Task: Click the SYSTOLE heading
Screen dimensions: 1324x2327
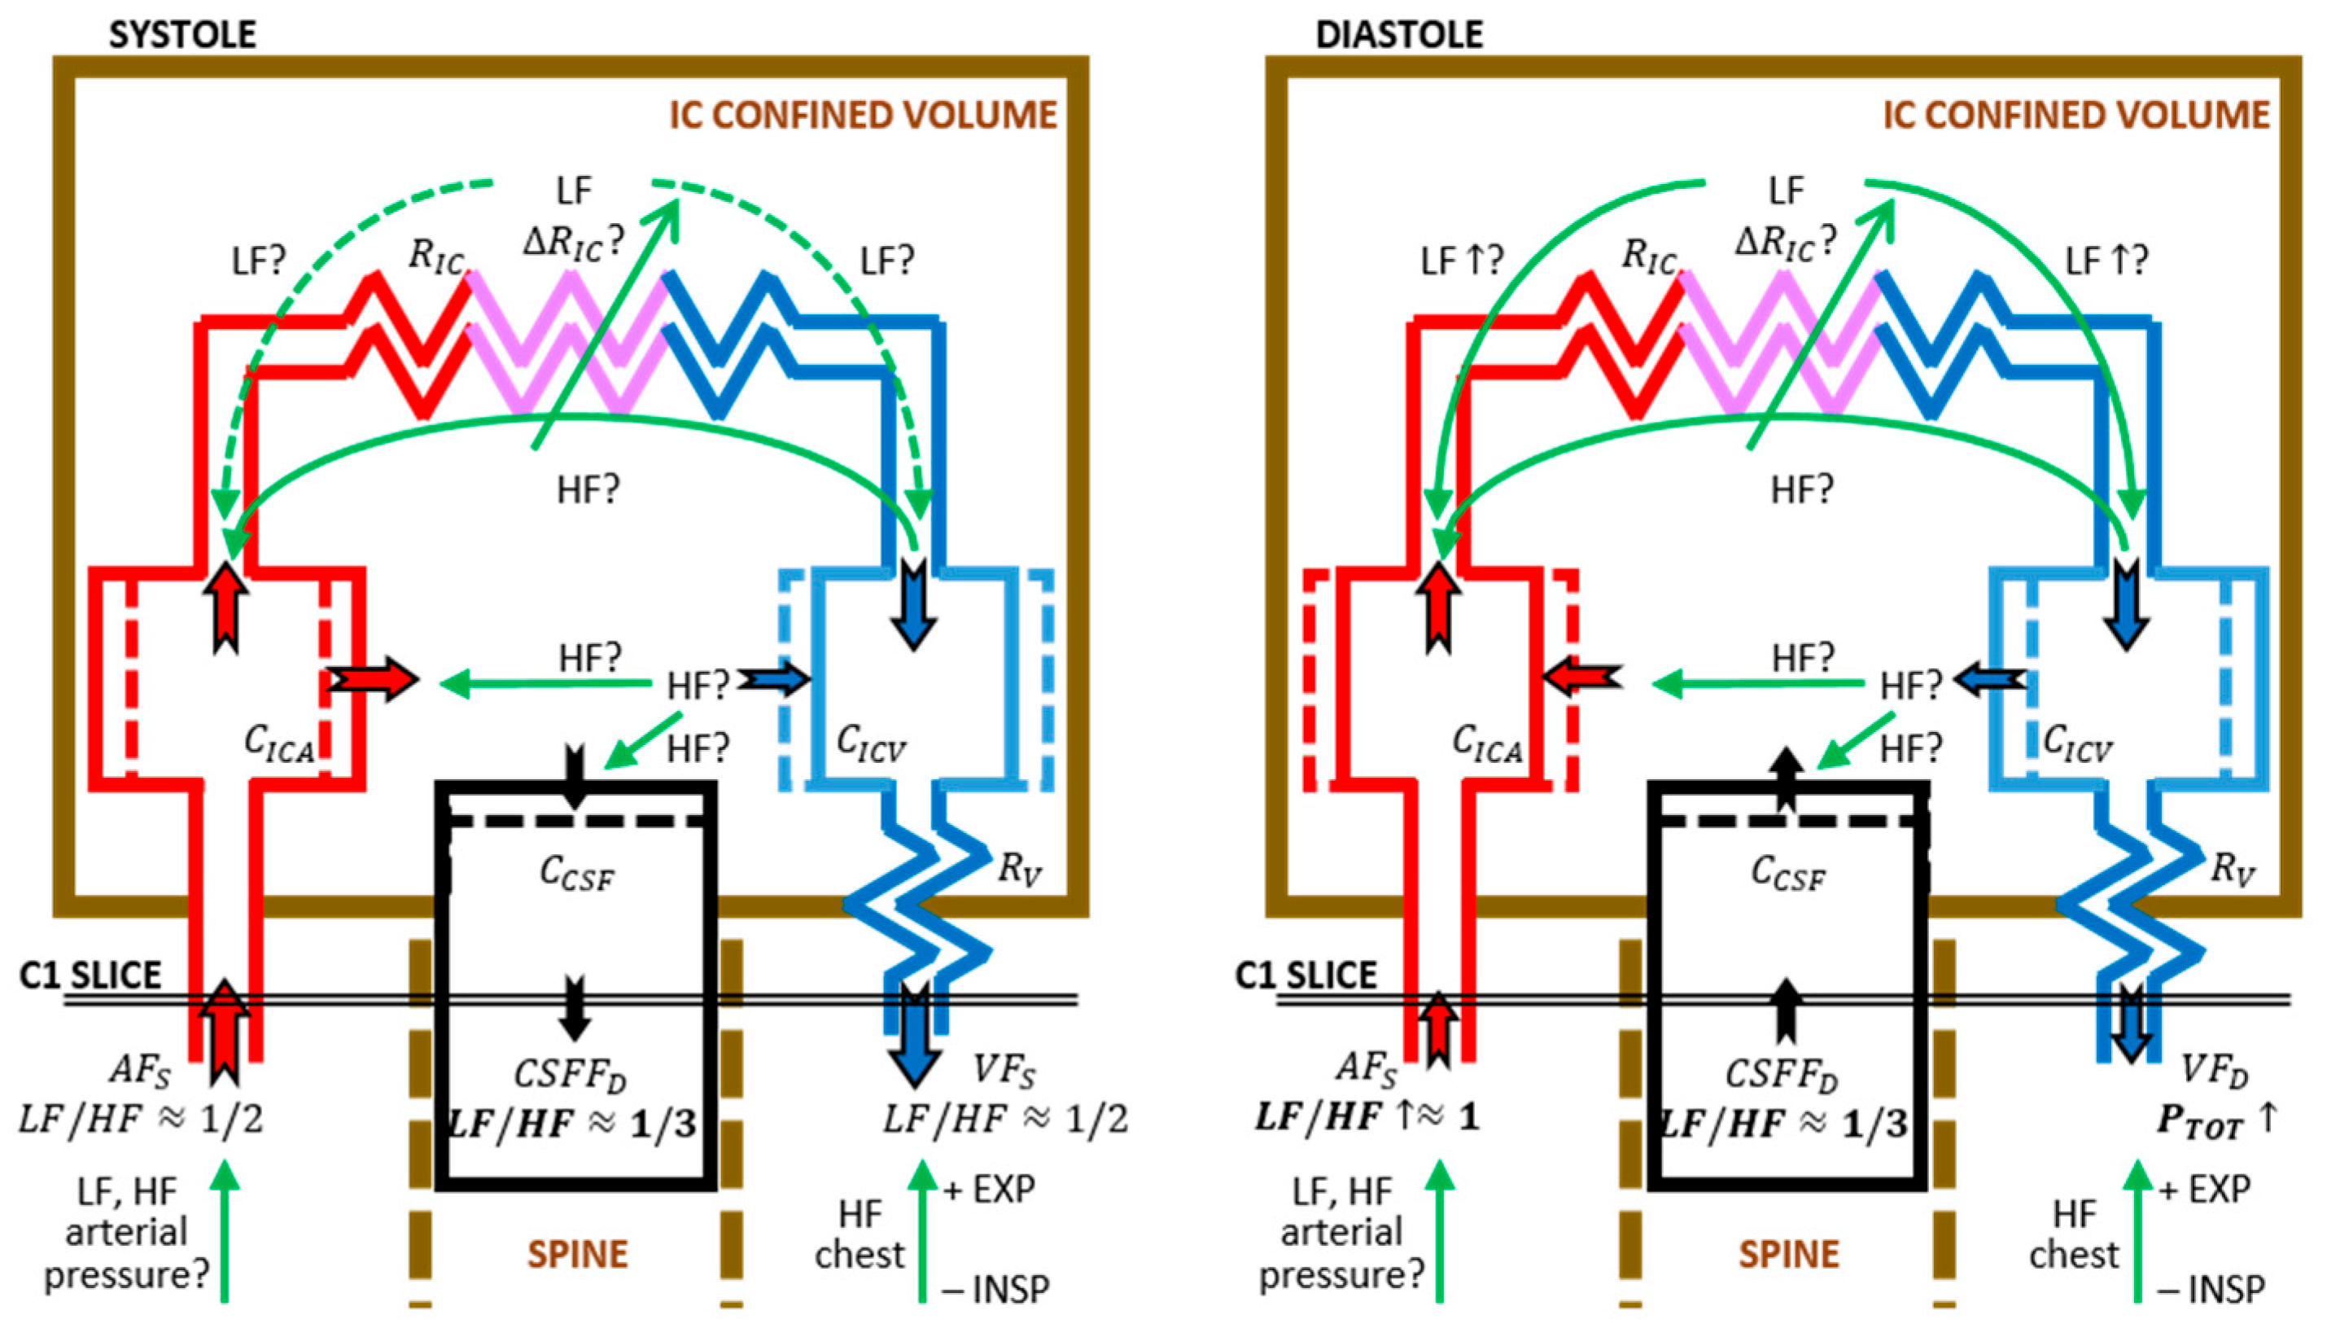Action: [182, 34]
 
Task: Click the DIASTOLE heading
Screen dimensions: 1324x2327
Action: [1399, 34]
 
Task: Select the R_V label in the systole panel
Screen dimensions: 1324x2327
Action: [1019, 870]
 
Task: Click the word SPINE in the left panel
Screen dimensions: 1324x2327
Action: [577, 1255]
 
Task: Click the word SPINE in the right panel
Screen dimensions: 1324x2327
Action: [1789, 1255]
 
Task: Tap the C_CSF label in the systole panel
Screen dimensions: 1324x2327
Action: [576, 874]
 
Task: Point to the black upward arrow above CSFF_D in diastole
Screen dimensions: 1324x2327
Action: [1787, 1010]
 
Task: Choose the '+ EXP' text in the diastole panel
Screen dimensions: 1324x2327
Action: [2203, 1190]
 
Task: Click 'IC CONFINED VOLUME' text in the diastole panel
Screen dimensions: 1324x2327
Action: [2076, 116]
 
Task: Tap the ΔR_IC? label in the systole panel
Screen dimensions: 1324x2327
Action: [574, 242]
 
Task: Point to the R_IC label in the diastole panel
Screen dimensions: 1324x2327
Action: [1649, 256]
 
